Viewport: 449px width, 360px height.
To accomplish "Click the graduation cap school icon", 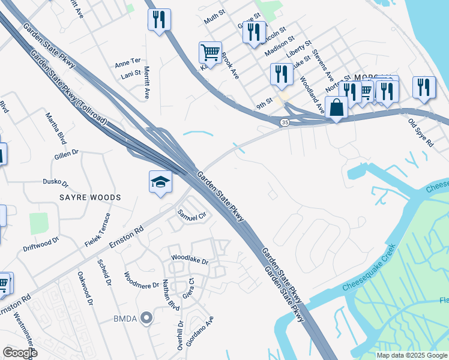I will [160, 182].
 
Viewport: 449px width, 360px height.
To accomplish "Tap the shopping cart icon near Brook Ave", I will [210, 53].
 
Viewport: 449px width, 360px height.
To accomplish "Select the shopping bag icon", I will [336, 107].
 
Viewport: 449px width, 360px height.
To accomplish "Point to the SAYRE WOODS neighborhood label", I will [90, 197].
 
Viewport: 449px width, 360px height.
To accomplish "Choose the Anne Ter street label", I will [127, 61].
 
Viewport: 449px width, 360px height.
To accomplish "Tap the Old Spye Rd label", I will [420, 134].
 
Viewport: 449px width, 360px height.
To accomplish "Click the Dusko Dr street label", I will [55, 182].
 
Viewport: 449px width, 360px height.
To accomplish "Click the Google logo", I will [20, 353].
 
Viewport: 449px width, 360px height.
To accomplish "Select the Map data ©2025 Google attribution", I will [412, 355].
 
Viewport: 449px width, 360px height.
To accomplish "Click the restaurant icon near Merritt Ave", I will [159, 20].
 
